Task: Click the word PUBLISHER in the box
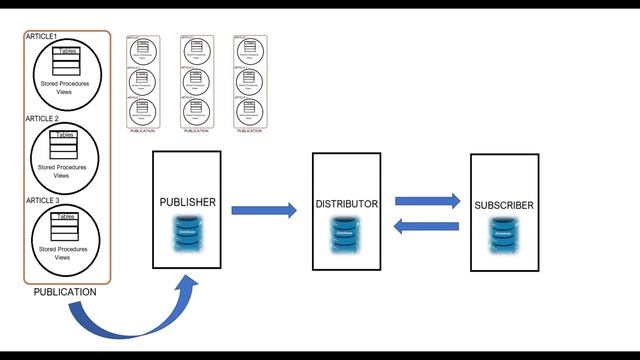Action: pos(187,202)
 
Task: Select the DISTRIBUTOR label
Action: pos(346,204)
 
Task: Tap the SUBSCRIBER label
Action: pos(504,205)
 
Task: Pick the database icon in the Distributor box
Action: pos(346,234)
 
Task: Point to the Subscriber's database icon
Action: pos(504,235)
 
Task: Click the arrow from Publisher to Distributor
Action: pos(264,210)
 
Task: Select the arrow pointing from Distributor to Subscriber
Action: pos(427,201)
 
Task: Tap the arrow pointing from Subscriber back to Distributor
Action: pos(427,226)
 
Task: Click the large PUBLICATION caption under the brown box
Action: pos(65,292)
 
